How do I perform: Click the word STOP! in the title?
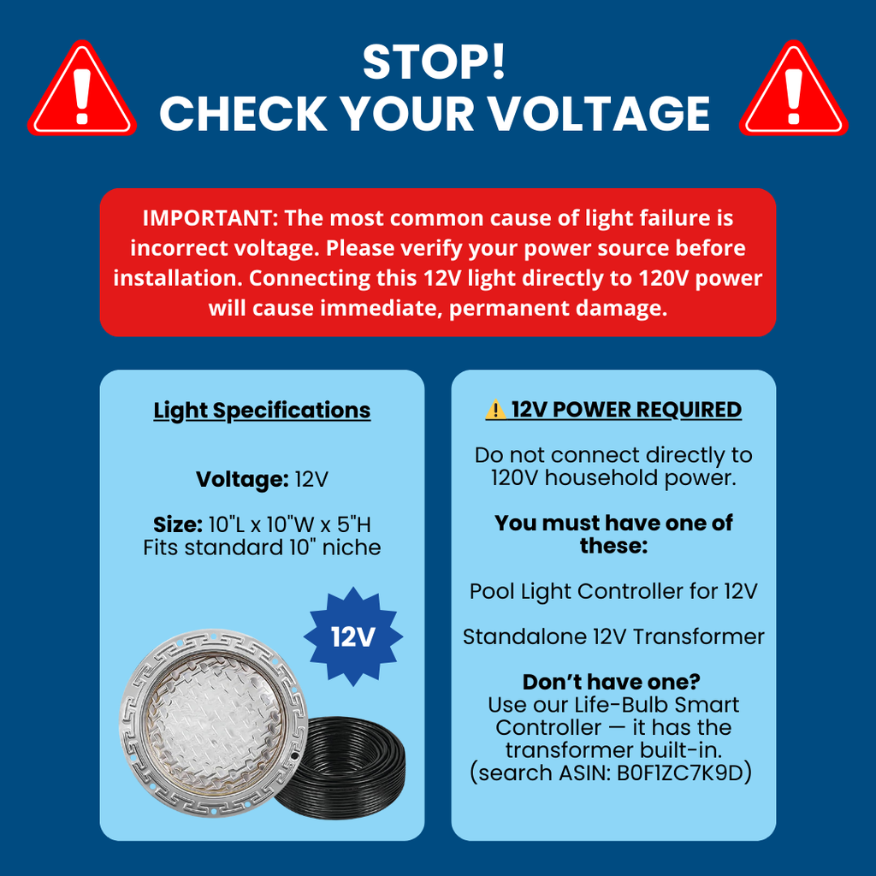434,62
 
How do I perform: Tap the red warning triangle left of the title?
82,89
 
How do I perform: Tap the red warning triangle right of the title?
793,89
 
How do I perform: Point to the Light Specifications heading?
262,411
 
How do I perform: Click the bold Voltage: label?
242,479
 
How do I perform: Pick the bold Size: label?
178,524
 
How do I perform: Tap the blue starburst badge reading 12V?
353,636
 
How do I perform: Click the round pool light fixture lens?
214,724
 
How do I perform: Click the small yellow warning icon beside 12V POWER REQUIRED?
495,410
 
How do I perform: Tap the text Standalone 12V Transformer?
613,636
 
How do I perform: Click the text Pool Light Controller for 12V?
613,591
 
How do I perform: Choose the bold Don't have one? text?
611,682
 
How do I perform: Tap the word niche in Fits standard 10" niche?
352,547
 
